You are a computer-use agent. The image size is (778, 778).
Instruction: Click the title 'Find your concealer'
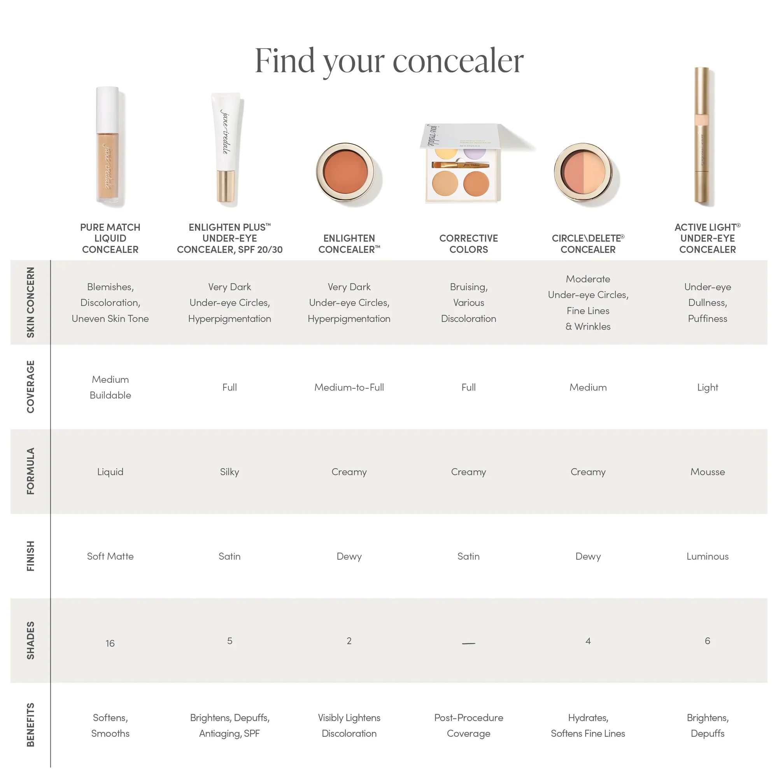coord(389,61)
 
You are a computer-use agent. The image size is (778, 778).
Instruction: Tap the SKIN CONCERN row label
coord(31,302)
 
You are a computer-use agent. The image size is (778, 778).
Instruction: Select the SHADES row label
coord(31,640)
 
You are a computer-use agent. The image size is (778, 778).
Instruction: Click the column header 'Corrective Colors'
coord(468,244)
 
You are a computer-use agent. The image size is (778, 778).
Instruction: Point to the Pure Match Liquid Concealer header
coord(110,238)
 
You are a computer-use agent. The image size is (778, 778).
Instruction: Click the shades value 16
coord(110,643)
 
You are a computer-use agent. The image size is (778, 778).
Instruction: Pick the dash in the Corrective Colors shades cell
coord(468,643)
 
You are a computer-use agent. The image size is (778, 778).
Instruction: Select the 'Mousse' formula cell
coord(707,471)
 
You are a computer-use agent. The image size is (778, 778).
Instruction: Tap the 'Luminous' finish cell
coord(707,556)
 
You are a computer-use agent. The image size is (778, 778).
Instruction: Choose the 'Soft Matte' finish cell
coord(110,556)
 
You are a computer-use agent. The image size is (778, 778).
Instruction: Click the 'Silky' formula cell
coord(229,471)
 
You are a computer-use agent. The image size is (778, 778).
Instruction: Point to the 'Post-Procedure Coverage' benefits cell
coord(468,725)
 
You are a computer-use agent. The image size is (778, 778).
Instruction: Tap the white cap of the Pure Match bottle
coord(107,109)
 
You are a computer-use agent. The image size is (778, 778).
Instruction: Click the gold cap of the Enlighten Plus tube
coord(226,186)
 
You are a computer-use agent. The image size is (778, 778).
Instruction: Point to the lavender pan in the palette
coord(475,153)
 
